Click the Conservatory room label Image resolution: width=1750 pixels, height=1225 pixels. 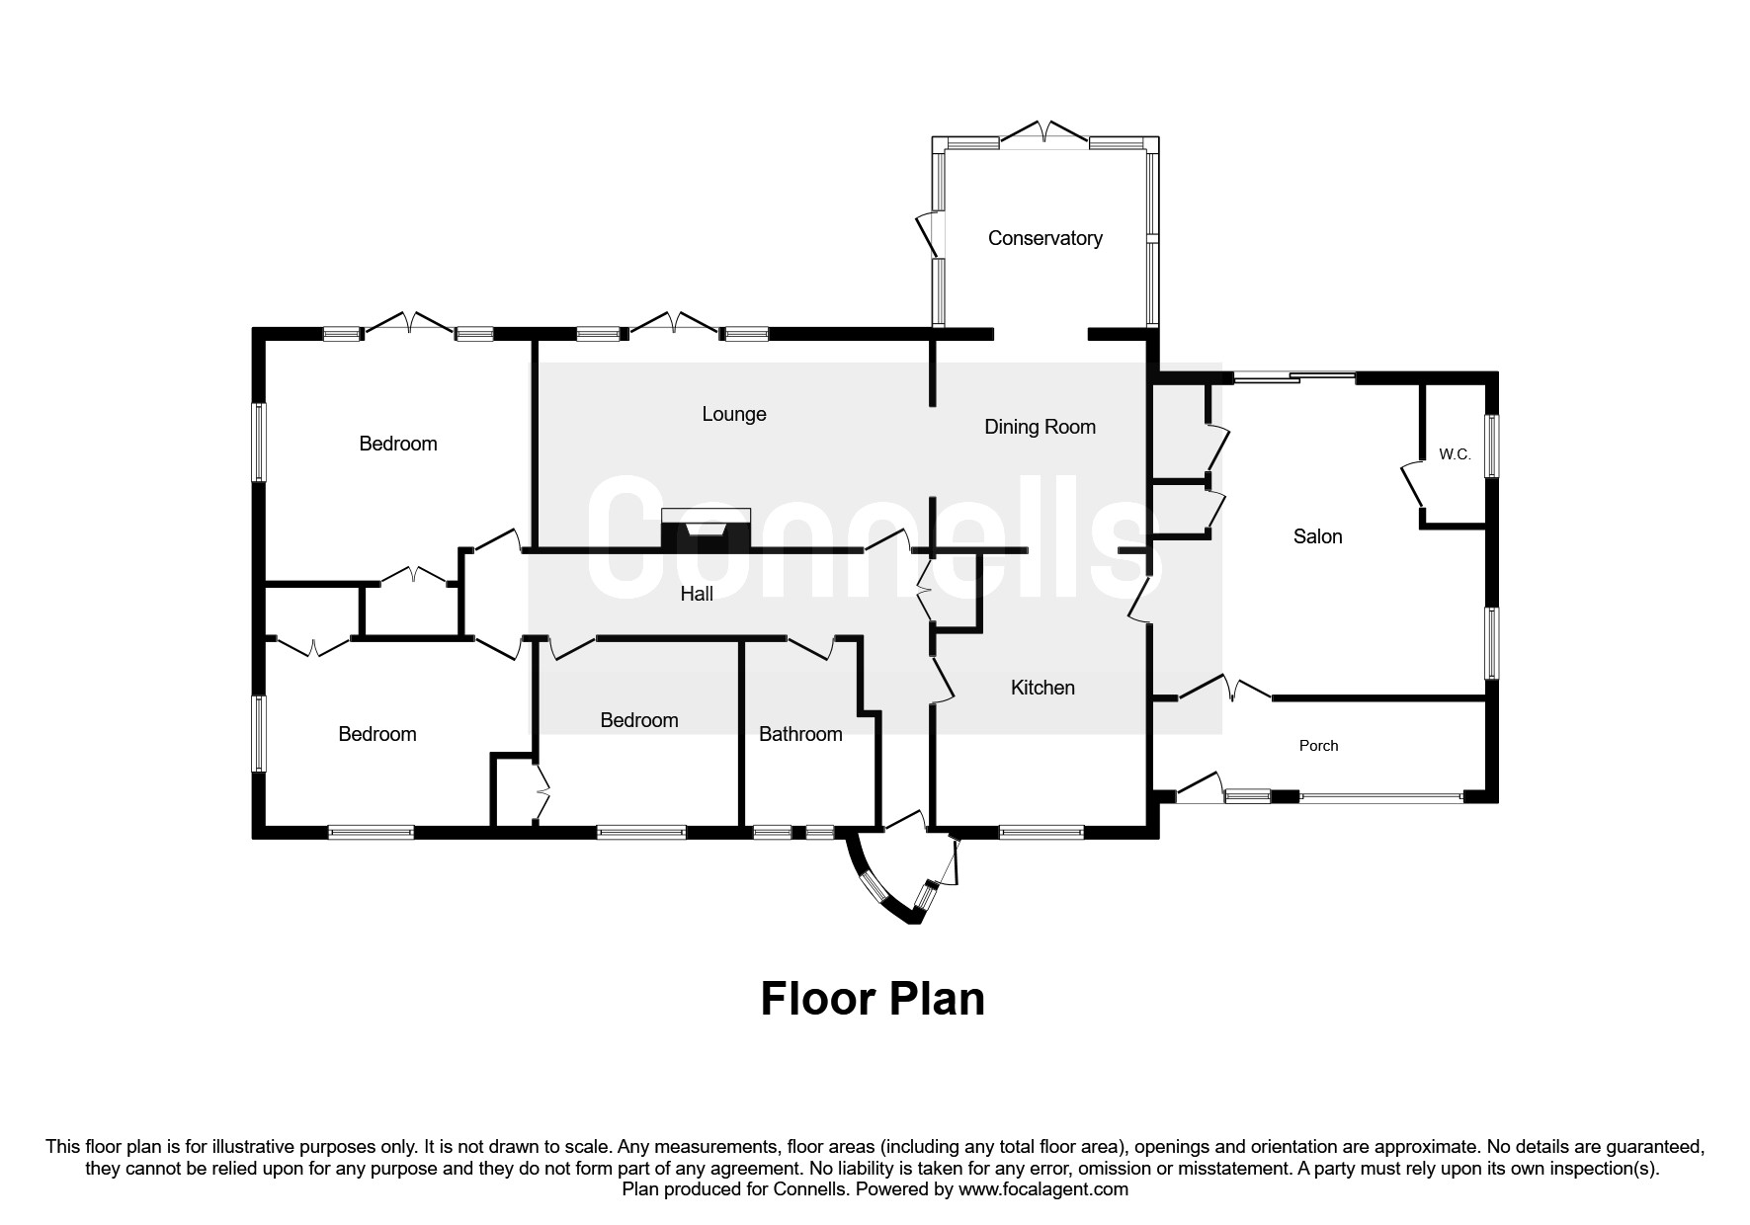tap(1044, 238)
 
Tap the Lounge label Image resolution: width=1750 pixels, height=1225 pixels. tap(734, 414)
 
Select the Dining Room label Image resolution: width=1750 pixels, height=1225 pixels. tap(1040, 427)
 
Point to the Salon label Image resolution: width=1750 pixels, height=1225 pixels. tap(1317, 536)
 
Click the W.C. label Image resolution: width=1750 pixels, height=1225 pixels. tap(1455, 454)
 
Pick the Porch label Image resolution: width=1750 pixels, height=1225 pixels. tap(1318, 746)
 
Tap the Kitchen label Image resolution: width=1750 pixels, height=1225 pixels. tap(1042, 688)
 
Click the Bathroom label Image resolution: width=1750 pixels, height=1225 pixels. tap(800, 734)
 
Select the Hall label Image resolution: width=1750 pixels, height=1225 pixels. tap(697, 594)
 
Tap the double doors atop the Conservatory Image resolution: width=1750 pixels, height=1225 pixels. tap(1044, 132)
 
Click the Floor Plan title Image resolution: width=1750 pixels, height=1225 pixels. tap(873, 999)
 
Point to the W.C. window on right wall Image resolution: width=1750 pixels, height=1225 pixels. tap(1493, 446)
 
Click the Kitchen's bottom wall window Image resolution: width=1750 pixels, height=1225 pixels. tap(1042, 833)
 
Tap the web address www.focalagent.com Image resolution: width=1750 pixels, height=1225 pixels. tap(1043, 1189)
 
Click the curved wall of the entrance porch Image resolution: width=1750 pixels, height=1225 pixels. tap(875, 886)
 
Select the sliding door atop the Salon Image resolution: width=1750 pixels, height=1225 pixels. tap(1292, 376)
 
